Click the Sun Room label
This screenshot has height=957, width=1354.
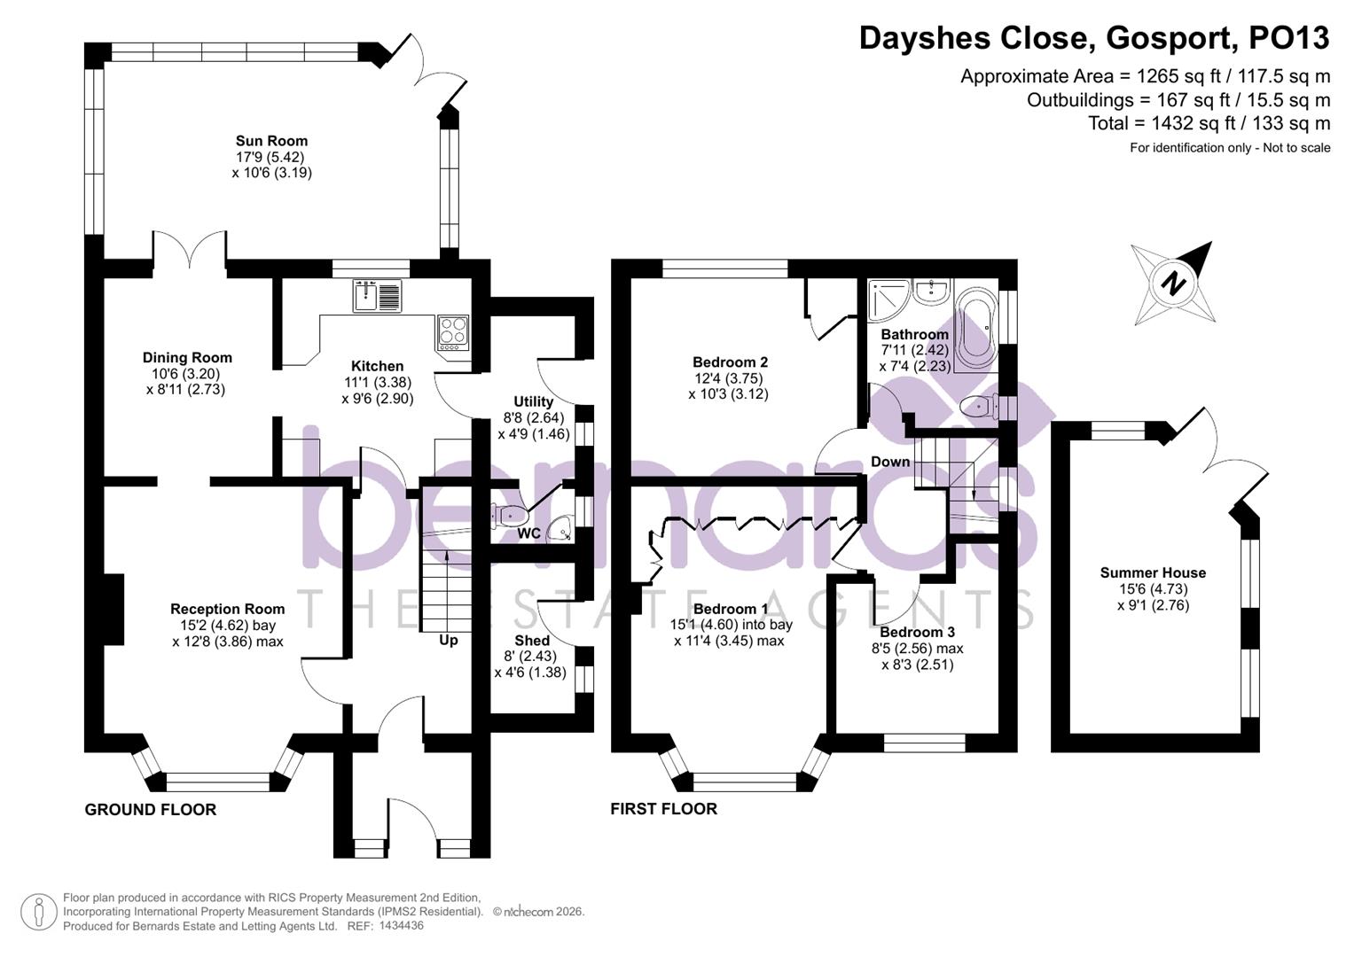(x=271, y=141)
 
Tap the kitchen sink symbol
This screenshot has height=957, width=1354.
(x=377, y=295)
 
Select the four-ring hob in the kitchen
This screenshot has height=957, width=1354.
(x=453, y=331)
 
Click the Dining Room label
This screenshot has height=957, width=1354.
(x=187, y=358)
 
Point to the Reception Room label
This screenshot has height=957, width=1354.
(x=227, y=609)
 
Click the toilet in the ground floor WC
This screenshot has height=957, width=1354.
(x=511, y=515)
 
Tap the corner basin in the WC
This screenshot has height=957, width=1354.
(x=560, y=530)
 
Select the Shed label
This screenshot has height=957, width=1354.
(x=532, y=641)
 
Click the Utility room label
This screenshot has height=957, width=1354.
(x=533, y=402)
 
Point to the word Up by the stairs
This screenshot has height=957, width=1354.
(x=449, y=640)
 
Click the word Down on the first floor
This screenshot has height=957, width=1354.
(x=890, y=462)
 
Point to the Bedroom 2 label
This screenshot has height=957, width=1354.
(x=730, y=362)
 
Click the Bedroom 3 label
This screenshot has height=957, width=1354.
(x=917, y=633)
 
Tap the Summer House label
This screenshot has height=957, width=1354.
(x=1153, y=573)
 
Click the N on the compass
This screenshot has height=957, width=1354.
(x=1174, y=284)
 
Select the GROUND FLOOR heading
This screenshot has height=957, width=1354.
(x=151, y=810)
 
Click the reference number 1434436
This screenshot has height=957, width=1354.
(x=401, y=926)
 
